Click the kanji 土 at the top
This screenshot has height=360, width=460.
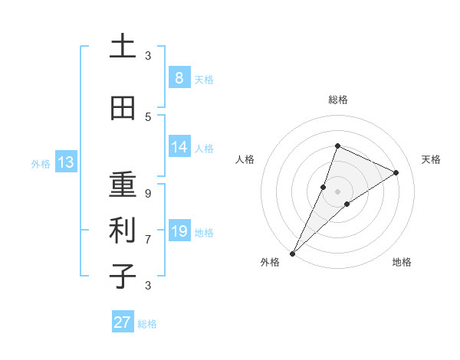coord(123,47)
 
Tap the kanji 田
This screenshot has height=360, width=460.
coord(123,109)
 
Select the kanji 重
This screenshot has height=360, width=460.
coord(123,185)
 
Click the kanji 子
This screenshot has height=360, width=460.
coord(123,276)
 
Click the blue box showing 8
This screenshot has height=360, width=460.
coord(179,78)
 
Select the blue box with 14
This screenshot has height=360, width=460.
coord(179,147)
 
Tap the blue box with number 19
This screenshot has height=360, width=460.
coord(179,231)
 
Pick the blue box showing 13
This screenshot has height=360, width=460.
coord(65,162)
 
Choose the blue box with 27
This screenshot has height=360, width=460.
coord(123,322)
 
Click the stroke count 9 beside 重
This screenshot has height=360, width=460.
coord(148,193)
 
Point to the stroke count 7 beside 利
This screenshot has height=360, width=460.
coord(148,239)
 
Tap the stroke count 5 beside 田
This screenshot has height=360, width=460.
coord(148,116)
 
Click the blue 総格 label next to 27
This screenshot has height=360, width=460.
coord(147,324)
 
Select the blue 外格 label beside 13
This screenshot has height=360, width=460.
coord(41,163)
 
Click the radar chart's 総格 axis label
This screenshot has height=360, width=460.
coord(337,100)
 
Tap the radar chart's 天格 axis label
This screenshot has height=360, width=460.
coord(431,159)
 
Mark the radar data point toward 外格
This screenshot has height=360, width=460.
coord(292,253)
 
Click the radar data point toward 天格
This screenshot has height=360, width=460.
coord(396,172)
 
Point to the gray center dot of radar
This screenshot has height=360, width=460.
coord(337,191)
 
